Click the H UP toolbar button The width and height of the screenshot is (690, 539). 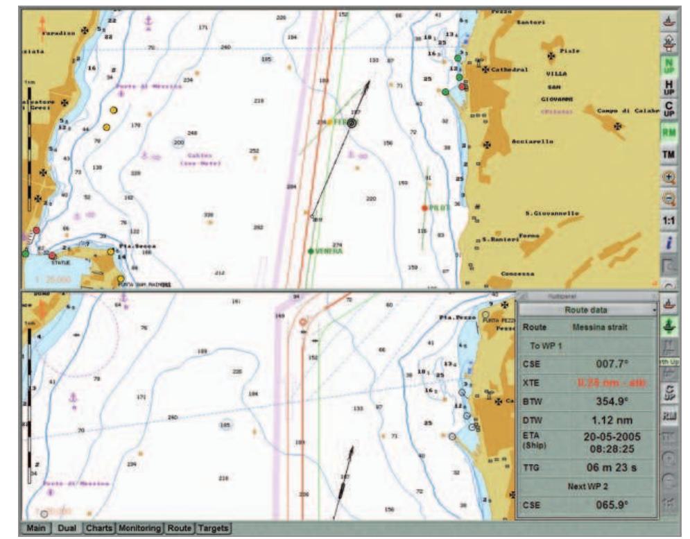[669, 87]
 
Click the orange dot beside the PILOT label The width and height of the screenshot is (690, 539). [424, 208]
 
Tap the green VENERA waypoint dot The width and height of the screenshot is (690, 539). [310, 251]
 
